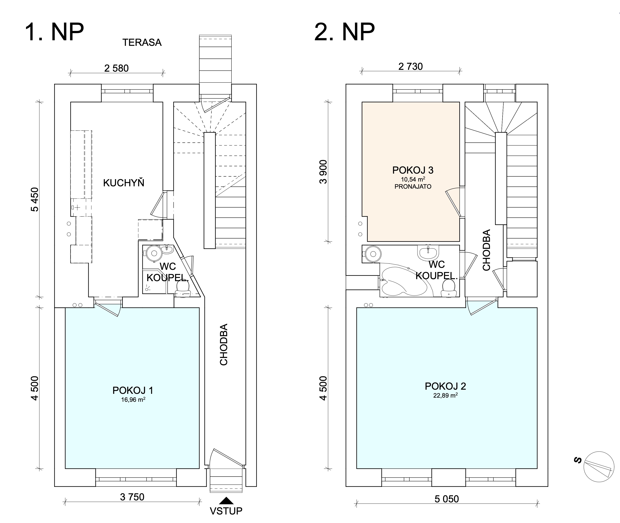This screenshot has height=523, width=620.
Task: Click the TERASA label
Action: pyautogui.click(x=142, y=42)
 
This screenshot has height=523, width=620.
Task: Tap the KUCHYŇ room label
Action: pyautogui.click(x=124, y=183)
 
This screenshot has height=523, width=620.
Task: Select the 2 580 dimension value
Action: pyautogui.click(x=116, y=68)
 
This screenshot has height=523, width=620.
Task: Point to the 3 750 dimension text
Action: pyautogui.click(x=132, y=497)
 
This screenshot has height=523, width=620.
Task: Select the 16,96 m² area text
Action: pyautogui.click(x=133, y=399)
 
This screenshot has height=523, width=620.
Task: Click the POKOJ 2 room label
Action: pyautogui.click(x=445, y=386)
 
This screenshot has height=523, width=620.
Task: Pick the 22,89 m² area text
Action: pyautogui.click(x=445, y=395)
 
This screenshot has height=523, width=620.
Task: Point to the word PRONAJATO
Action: pyautogui.click(x=413, y=187)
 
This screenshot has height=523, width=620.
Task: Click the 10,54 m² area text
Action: pyautogui.click(x=413, y=179)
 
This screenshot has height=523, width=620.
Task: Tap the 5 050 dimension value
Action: pyautogui.click(x=447, y=499)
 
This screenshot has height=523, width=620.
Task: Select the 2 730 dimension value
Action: pyautogui.click(x=411, y=66)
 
